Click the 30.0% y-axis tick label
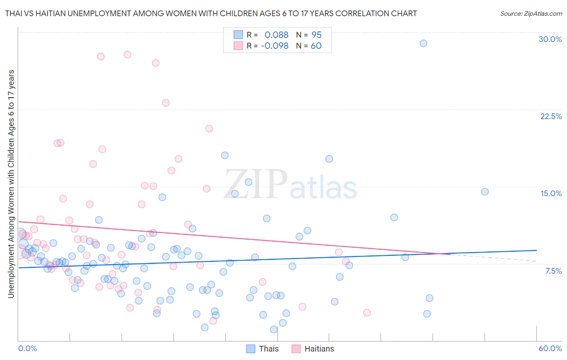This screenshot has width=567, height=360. pos(550,39)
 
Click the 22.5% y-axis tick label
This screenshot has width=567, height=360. pos(551,116)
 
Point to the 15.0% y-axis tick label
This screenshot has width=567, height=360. pos(551,193)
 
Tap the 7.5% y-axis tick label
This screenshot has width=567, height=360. pos(553,271)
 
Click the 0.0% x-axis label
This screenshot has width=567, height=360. pos(27,348)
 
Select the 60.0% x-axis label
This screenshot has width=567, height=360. pos(550,348)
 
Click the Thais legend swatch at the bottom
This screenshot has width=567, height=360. pos(251,349)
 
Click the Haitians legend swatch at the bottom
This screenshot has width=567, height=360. pos(296,349)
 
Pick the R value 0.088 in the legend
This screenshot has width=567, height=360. pos(276,35)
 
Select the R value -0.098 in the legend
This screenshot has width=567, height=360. pos(275,46)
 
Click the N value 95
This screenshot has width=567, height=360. pos(317,35)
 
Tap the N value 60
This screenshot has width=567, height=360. pos(316,46)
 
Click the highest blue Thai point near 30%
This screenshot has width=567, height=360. pos(423,44)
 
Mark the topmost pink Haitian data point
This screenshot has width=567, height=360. pos(127,54)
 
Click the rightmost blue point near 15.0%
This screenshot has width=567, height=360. pos(485,192)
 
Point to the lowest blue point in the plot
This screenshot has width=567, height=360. pos(274,329)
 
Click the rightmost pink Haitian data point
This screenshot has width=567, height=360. pos(367,313)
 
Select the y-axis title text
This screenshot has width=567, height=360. pos(11,184)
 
